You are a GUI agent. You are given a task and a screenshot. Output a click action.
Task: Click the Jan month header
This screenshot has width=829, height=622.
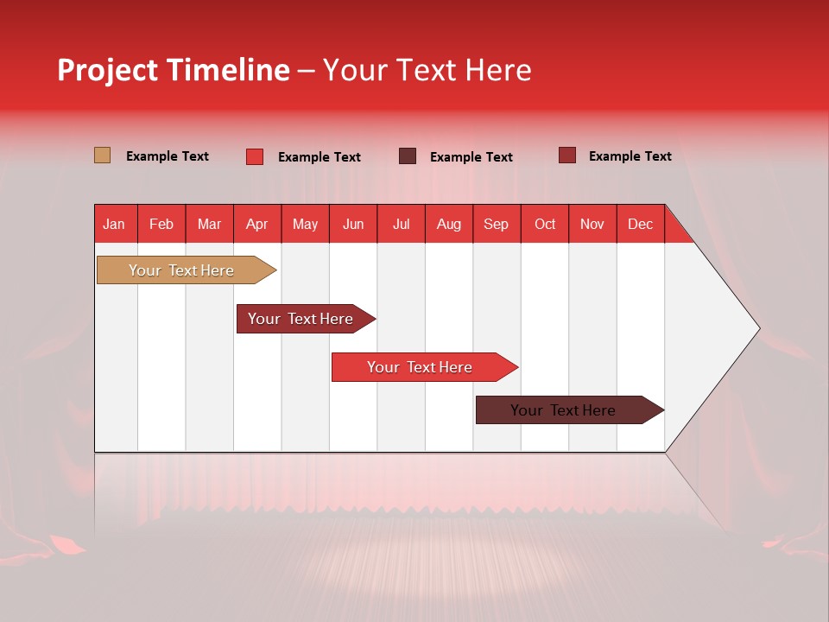point(115,224)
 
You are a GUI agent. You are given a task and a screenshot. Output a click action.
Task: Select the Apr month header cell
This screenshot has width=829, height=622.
point(257,224)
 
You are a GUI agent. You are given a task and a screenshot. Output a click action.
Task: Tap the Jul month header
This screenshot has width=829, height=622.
point(401,224)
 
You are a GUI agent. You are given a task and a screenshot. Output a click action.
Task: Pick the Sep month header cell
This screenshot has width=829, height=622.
point(497,224)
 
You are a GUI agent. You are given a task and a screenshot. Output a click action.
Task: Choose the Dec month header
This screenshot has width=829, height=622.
point(640,224)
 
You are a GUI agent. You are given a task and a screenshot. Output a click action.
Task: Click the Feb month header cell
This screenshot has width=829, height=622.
point(161,224)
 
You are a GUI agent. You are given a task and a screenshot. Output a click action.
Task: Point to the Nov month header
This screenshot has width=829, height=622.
point(592,224)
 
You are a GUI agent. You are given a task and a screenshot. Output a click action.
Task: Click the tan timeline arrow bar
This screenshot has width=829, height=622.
point(182,270)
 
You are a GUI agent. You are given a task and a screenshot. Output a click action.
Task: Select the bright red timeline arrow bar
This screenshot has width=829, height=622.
point(421,367)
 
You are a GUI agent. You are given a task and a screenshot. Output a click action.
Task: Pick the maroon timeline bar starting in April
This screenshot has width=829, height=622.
point(301,319)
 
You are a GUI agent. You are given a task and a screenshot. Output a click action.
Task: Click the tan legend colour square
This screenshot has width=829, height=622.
point(103,155)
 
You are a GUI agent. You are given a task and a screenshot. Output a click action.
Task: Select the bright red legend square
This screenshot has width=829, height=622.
point(255,156)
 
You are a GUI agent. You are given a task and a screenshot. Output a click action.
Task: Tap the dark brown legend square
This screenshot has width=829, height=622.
point(408,156)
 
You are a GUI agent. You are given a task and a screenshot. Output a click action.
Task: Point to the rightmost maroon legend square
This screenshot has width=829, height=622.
point(567,155)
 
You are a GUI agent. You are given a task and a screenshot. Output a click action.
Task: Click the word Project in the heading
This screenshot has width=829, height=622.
point(107,70)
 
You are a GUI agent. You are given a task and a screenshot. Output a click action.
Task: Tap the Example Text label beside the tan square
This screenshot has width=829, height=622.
point(168,156)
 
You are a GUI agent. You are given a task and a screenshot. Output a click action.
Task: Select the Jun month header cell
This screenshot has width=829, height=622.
point(353,224)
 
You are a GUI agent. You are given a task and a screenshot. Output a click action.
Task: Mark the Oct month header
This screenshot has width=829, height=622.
point(545,224)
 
